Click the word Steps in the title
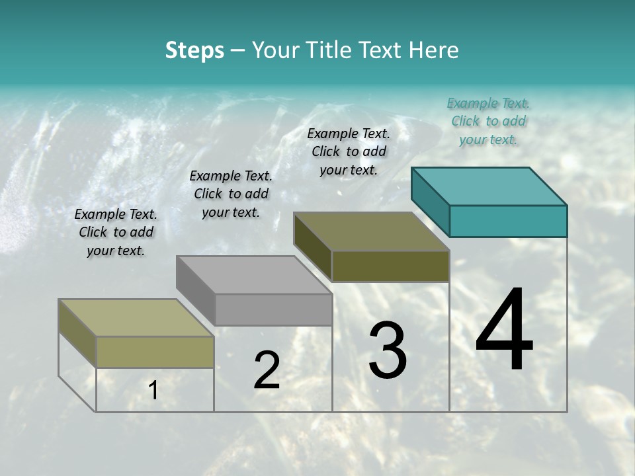(x=194, y=50)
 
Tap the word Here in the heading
(x=434, y=50)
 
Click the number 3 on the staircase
(x=388, y=350)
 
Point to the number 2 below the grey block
(x=267, y=370)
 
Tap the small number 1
(x=153, y=390)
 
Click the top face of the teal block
(x=489, y=186)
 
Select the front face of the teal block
(x=508, y=221)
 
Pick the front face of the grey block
(x=273, y=309)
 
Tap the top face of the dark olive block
(x=372, y=231)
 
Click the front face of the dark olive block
(x=390, y=266)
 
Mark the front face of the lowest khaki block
(x=155, y=352)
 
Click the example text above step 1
(x=116, y=232)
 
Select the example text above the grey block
(x=231, y=194)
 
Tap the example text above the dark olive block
(x=349, y=151)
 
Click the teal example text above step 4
(x=488, y=121)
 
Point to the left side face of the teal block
(x=430, y=202)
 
